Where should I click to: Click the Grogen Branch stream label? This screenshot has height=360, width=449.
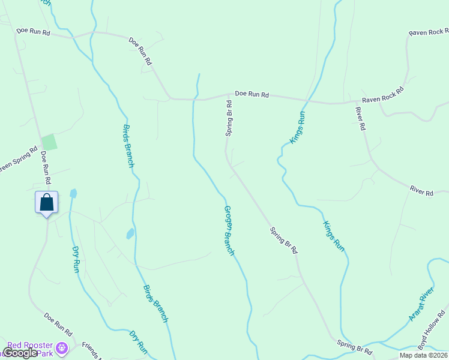point(229,231)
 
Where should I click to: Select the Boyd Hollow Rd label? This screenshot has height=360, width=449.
point(432,330)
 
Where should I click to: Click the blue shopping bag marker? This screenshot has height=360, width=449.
point(47,203)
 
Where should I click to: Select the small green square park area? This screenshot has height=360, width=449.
point(49,142)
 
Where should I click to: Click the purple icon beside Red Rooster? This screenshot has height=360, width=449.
point(61,347)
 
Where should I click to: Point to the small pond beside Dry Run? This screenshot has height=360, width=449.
point(73,193)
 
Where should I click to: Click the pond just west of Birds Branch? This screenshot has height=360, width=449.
point(130,233)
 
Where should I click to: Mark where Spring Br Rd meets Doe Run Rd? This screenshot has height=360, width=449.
point(230,94)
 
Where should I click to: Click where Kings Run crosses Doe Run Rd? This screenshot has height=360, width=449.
point(307,100)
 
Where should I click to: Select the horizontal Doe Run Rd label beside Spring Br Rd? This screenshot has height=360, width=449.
point(252,94)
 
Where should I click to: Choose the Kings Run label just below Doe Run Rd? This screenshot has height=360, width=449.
point(298,127)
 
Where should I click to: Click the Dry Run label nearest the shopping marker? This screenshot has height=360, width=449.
point(76,259)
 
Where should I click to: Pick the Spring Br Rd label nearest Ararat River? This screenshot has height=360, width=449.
point(355,347)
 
